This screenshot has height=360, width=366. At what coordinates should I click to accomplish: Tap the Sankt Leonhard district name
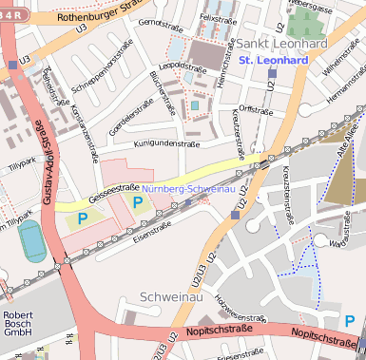280,44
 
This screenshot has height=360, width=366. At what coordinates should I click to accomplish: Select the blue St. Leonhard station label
274,60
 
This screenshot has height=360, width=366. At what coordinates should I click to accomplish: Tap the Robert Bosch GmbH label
18,324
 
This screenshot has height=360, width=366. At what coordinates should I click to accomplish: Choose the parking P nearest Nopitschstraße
349,321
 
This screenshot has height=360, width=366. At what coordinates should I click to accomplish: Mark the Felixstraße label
218,18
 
